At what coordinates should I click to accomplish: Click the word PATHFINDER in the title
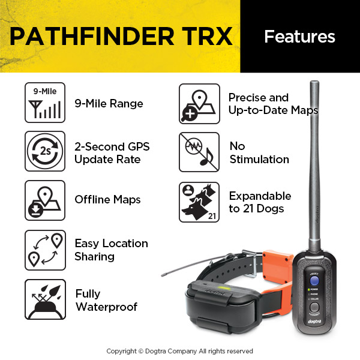(x=92, y=36)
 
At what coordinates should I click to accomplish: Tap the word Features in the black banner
(x=299, y=37)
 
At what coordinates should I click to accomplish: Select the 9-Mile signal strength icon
(x=45, y=103)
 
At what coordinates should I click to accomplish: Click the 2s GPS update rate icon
(x=45, y=151)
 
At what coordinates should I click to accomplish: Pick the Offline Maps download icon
(x=45, y=200)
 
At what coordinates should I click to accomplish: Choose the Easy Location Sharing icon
(x=45, y=250)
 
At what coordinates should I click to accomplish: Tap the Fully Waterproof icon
(x=45, y=299)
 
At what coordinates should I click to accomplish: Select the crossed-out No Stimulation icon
(x=199, y=152)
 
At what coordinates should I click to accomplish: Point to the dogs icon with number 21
(x=199, y=202)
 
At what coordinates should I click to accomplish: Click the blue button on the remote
(x=314, y=281)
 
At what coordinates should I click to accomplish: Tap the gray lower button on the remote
(x=314, y=307)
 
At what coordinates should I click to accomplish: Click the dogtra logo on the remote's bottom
(x=314, y=322)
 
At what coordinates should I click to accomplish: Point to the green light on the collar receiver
(x=224, y=288)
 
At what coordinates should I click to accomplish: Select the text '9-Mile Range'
(x=109, y=103)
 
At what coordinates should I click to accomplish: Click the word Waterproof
(x=107, y=307)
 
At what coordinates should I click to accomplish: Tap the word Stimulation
(x=259, y=160)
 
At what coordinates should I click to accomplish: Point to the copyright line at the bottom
(x=180, y=351)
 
